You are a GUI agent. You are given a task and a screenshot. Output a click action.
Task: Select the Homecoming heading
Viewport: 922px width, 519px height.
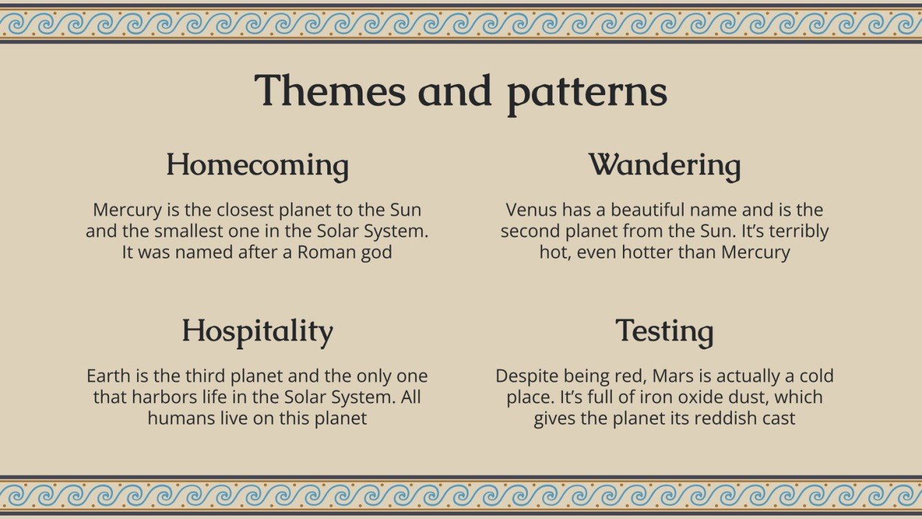click(x=258, y=165)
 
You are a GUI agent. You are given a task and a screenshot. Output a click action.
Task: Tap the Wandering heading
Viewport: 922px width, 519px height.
click(x=664, y=165)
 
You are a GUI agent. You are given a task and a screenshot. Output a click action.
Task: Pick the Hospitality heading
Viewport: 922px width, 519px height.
click(x=258, y=332)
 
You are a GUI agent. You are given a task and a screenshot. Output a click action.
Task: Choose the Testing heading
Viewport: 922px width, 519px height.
click(x=664, y=332)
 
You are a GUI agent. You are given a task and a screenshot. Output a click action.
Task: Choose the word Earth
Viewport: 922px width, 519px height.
click(x=109, y=376)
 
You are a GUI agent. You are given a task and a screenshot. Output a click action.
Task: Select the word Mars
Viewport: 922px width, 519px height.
click(x=673, y=376)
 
